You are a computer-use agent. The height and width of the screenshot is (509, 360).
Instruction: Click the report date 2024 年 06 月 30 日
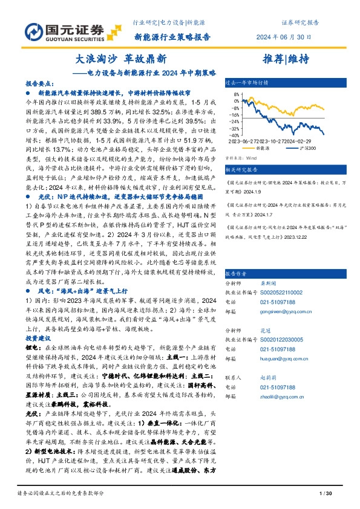[x=284, y=37]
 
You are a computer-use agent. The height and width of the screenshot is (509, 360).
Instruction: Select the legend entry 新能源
[x=261, y=147]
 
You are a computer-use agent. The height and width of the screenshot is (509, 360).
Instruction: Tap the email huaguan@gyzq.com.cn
[x=278, y=358]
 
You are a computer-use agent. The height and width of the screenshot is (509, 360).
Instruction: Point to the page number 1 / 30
[x=325, y=495]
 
